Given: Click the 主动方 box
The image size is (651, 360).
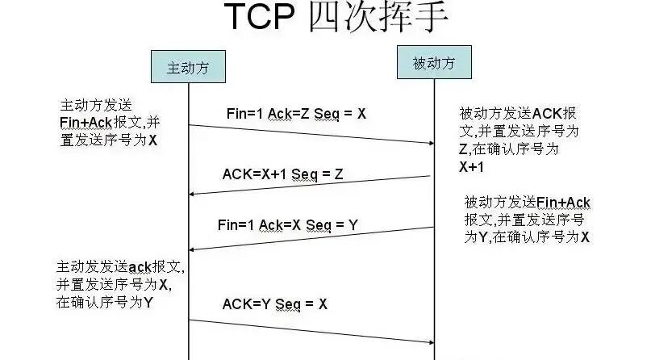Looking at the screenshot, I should (187, 68).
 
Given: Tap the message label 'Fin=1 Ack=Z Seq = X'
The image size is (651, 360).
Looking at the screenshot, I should (296, 114).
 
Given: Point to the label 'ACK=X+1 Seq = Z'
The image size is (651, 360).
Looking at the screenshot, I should (282, 174).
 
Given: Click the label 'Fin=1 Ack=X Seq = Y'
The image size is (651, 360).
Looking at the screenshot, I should (287, 224).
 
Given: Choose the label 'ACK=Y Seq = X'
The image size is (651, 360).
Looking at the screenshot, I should (275, 304).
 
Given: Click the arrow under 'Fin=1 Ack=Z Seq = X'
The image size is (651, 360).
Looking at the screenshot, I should (311, 134).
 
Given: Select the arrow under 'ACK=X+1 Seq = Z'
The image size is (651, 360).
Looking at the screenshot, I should (311, 185).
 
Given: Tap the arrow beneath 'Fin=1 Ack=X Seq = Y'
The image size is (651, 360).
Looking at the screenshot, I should (311, 238).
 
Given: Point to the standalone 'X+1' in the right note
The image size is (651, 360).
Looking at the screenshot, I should (472, 167).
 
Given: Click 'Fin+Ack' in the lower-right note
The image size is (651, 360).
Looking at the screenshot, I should (563, 202).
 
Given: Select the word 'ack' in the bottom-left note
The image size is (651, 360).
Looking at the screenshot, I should (141, 267).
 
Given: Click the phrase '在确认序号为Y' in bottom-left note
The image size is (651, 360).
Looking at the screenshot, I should (106, 303).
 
